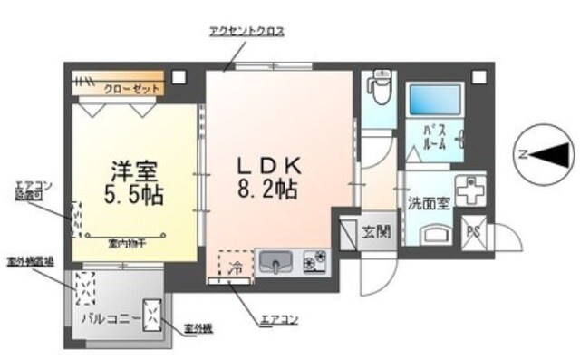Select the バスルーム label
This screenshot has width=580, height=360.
pyautogui.click(x=434, y=136)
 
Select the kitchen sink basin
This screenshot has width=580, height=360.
pyautogui.click(x=276, y=264)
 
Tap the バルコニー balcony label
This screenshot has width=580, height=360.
pyautogui.click(x=109, y=319)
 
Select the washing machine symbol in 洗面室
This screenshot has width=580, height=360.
pyautogui.click(x=470, y=189)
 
